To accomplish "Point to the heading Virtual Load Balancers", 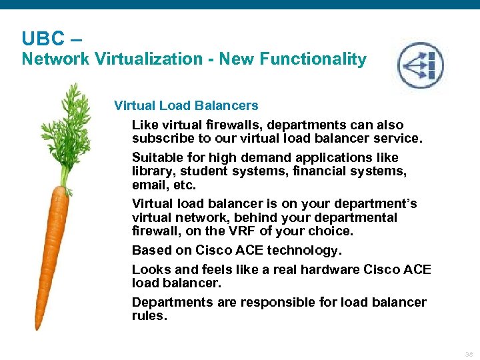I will coord(186,105).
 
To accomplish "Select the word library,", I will coord(155,171).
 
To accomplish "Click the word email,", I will coord(151,185).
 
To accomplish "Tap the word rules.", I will coord(149,315).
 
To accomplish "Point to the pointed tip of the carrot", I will coord(38,326).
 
